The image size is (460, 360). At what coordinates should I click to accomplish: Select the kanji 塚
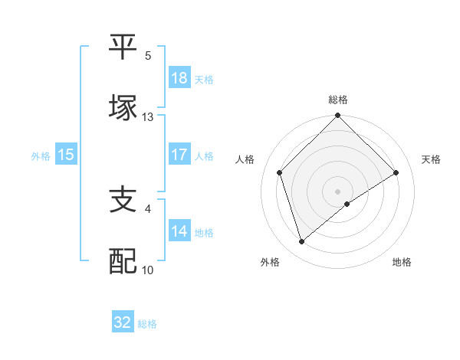(123, 107)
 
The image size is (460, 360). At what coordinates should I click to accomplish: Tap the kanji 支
(123, 200)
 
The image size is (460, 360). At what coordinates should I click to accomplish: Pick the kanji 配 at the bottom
(123, 260)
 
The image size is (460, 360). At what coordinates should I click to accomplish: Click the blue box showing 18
(179, 78)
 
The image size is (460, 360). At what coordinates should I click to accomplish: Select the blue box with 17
(179, 155)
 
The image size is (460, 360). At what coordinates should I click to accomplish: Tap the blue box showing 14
(179, 231)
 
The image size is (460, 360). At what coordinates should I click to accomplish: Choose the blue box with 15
(66, 155)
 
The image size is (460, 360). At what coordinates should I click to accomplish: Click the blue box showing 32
(123, 322)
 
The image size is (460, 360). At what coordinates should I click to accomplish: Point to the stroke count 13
(148, 117)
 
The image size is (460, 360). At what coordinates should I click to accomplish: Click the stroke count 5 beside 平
(148, 56)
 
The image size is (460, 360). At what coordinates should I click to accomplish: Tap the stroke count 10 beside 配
(148, 270)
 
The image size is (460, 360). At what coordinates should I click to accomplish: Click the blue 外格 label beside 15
(41, 155)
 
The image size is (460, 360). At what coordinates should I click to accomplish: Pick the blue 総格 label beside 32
(147, 324)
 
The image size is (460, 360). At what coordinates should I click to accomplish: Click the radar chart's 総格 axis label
(338, 100)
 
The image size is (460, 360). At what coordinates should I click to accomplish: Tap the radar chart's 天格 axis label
(432, 159)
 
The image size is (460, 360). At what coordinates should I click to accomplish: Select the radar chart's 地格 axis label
(402, 262)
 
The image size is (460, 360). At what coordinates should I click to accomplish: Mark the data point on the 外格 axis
(301, 242)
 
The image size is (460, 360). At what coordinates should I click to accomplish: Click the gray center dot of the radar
(338, 191)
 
